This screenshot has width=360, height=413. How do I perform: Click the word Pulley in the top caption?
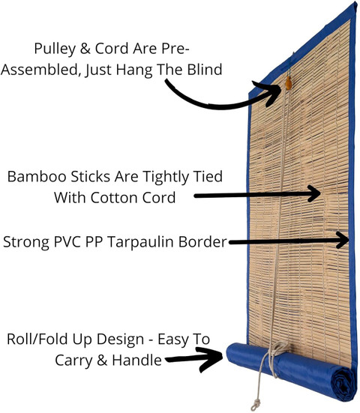(x=55, y=49)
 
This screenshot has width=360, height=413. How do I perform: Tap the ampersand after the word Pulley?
(x=85, y=49)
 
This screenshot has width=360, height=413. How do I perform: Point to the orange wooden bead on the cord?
(x=289, y=83)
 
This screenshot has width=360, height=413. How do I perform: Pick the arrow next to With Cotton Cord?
(x=257, y=194)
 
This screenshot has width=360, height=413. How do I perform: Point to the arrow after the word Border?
(x=289, y=241)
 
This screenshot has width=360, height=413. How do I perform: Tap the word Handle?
(x=136, y=360)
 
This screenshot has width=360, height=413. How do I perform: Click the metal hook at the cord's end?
(x=255, y=405)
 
